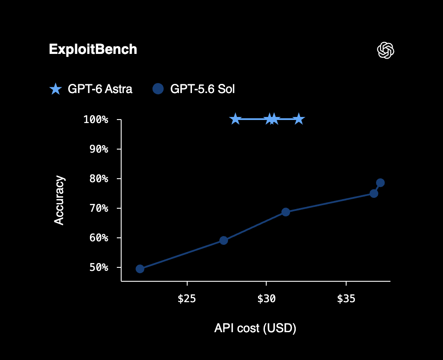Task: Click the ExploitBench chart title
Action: [x=93, y=50]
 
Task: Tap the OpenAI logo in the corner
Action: [x=386, y=50]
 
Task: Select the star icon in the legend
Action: [x=56, y=89]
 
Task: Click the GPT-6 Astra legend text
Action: [x=100, y=89]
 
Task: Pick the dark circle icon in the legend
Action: [x=158, y=89]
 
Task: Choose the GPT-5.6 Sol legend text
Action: [x=202, y=89]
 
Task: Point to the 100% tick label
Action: [x=96, y=120]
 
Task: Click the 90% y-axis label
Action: [x=99, y=149]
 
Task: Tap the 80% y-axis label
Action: [x=99, y=179]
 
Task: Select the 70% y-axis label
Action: [x=99, y=208]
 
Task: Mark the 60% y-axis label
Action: [x=99, y=238]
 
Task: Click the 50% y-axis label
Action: [x=99, y=267]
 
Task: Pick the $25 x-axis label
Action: [x=187, y=299]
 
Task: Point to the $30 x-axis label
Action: [x=266, y=299]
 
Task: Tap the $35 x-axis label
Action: [x=346, y=299]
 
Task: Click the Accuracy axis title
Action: [x=60, y=200]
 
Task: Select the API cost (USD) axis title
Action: [x=255, y=328]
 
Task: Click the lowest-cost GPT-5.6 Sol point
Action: [x=140, y=269]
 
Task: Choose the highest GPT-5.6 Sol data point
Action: [x=380, y=183]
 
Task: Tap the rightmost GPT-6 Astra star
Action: [x=299, y=119]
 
